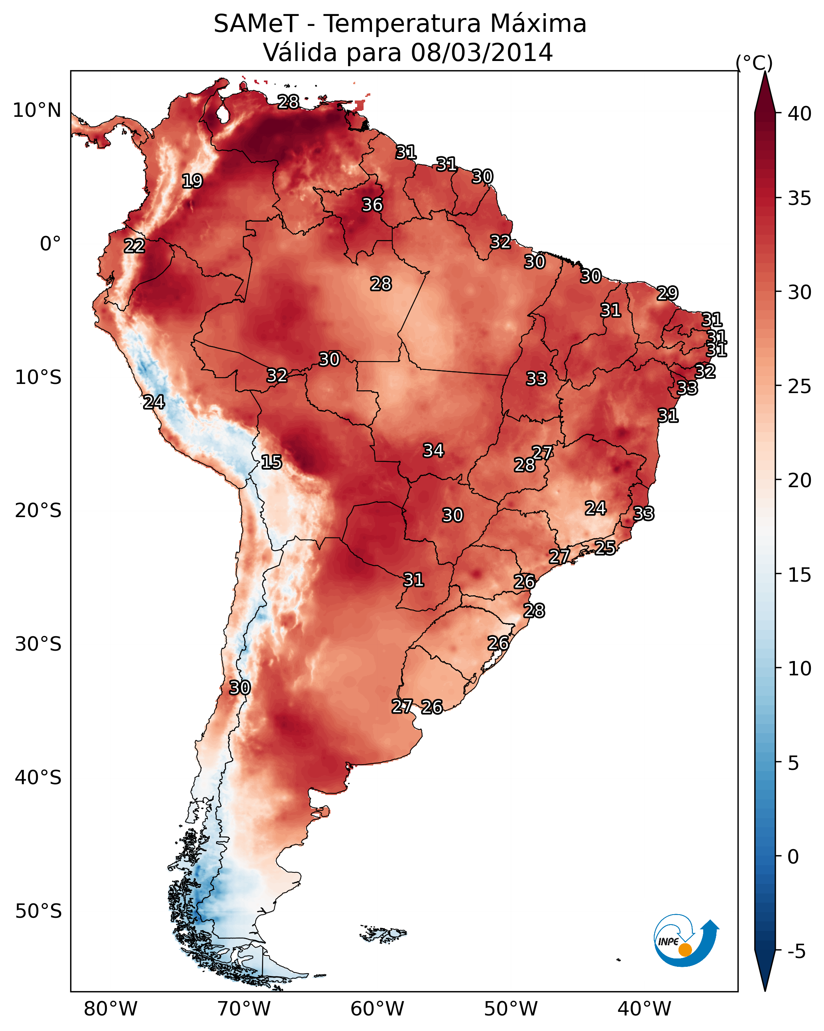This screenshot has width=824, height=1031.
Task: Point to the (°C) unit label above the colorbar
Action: pos(754,63)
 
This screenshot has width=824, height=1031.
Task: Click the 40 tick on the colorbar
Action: pos(799,114)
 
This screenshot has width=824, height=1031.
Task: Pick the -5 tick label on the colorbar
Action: pos(797,951)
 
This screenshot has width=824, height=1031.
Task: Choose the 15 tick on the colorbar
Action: pos(799,575)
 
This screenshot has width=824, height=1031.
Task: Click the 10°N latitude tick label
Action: pos(37,110)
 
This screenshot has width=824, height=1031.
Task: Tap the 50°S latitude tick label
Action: pos(38,911)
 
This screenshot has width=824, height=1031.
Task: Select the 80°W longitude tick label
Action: pos(110,1009)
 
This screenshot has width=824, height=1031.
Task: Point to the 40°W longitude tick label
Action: pos(644,1009)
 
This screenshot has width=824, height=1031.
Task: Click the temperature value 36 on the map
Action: pos(372,205)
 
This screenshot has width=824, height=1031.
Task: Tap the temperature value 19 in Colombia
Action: pos(192,181)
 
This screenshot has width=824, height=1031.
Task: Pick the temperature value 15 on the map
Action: pos(271,462)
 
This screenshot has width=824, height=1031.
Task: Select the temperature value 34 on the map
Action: pos(433,450)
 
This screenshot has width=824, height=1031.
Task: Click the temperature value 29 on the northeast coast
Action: pos(667,293)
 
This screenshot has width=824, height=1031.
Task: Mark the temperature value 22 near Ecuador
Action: pos(134,246)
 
